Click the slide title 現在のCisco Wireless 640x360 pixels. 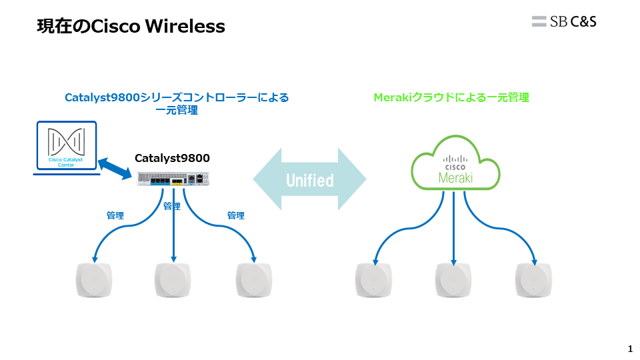[x=131, y=27]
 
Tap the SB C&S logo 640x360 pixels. [x=564, y=21]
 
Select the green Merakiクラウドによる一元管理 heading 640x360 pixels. [x=451, y=97]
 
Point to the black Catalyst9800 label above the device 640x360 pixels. [x=172, y=158]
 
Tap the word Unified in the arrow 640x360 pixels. [x=309, y=180]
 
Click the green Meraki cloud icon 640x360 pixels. [x=456, y=164]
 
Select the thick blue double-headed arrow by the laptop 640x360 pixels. [x=115, y=168]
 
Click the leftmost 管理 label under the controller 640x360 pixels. [x=115, y=215]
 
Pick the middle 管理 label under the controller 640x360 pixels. [x=172, y=206]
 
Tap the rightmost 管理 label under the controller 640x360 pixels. [x=236, y=215]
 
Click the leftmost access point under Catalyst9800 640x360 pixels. [x=94, y=280]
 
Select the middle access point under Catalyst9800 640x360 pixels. [x=173, y=280]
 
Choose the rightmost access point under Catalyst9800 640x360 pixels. [x=255, y=280]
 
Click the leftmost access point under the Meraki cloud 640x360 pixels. [x=373, y=280]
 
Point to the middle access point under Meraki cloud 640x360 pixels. [x=453, y=280]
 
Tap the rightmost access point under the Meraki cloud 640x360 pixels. [x=534, y=280]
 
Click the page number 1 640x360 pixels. [x=630, y=349]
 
